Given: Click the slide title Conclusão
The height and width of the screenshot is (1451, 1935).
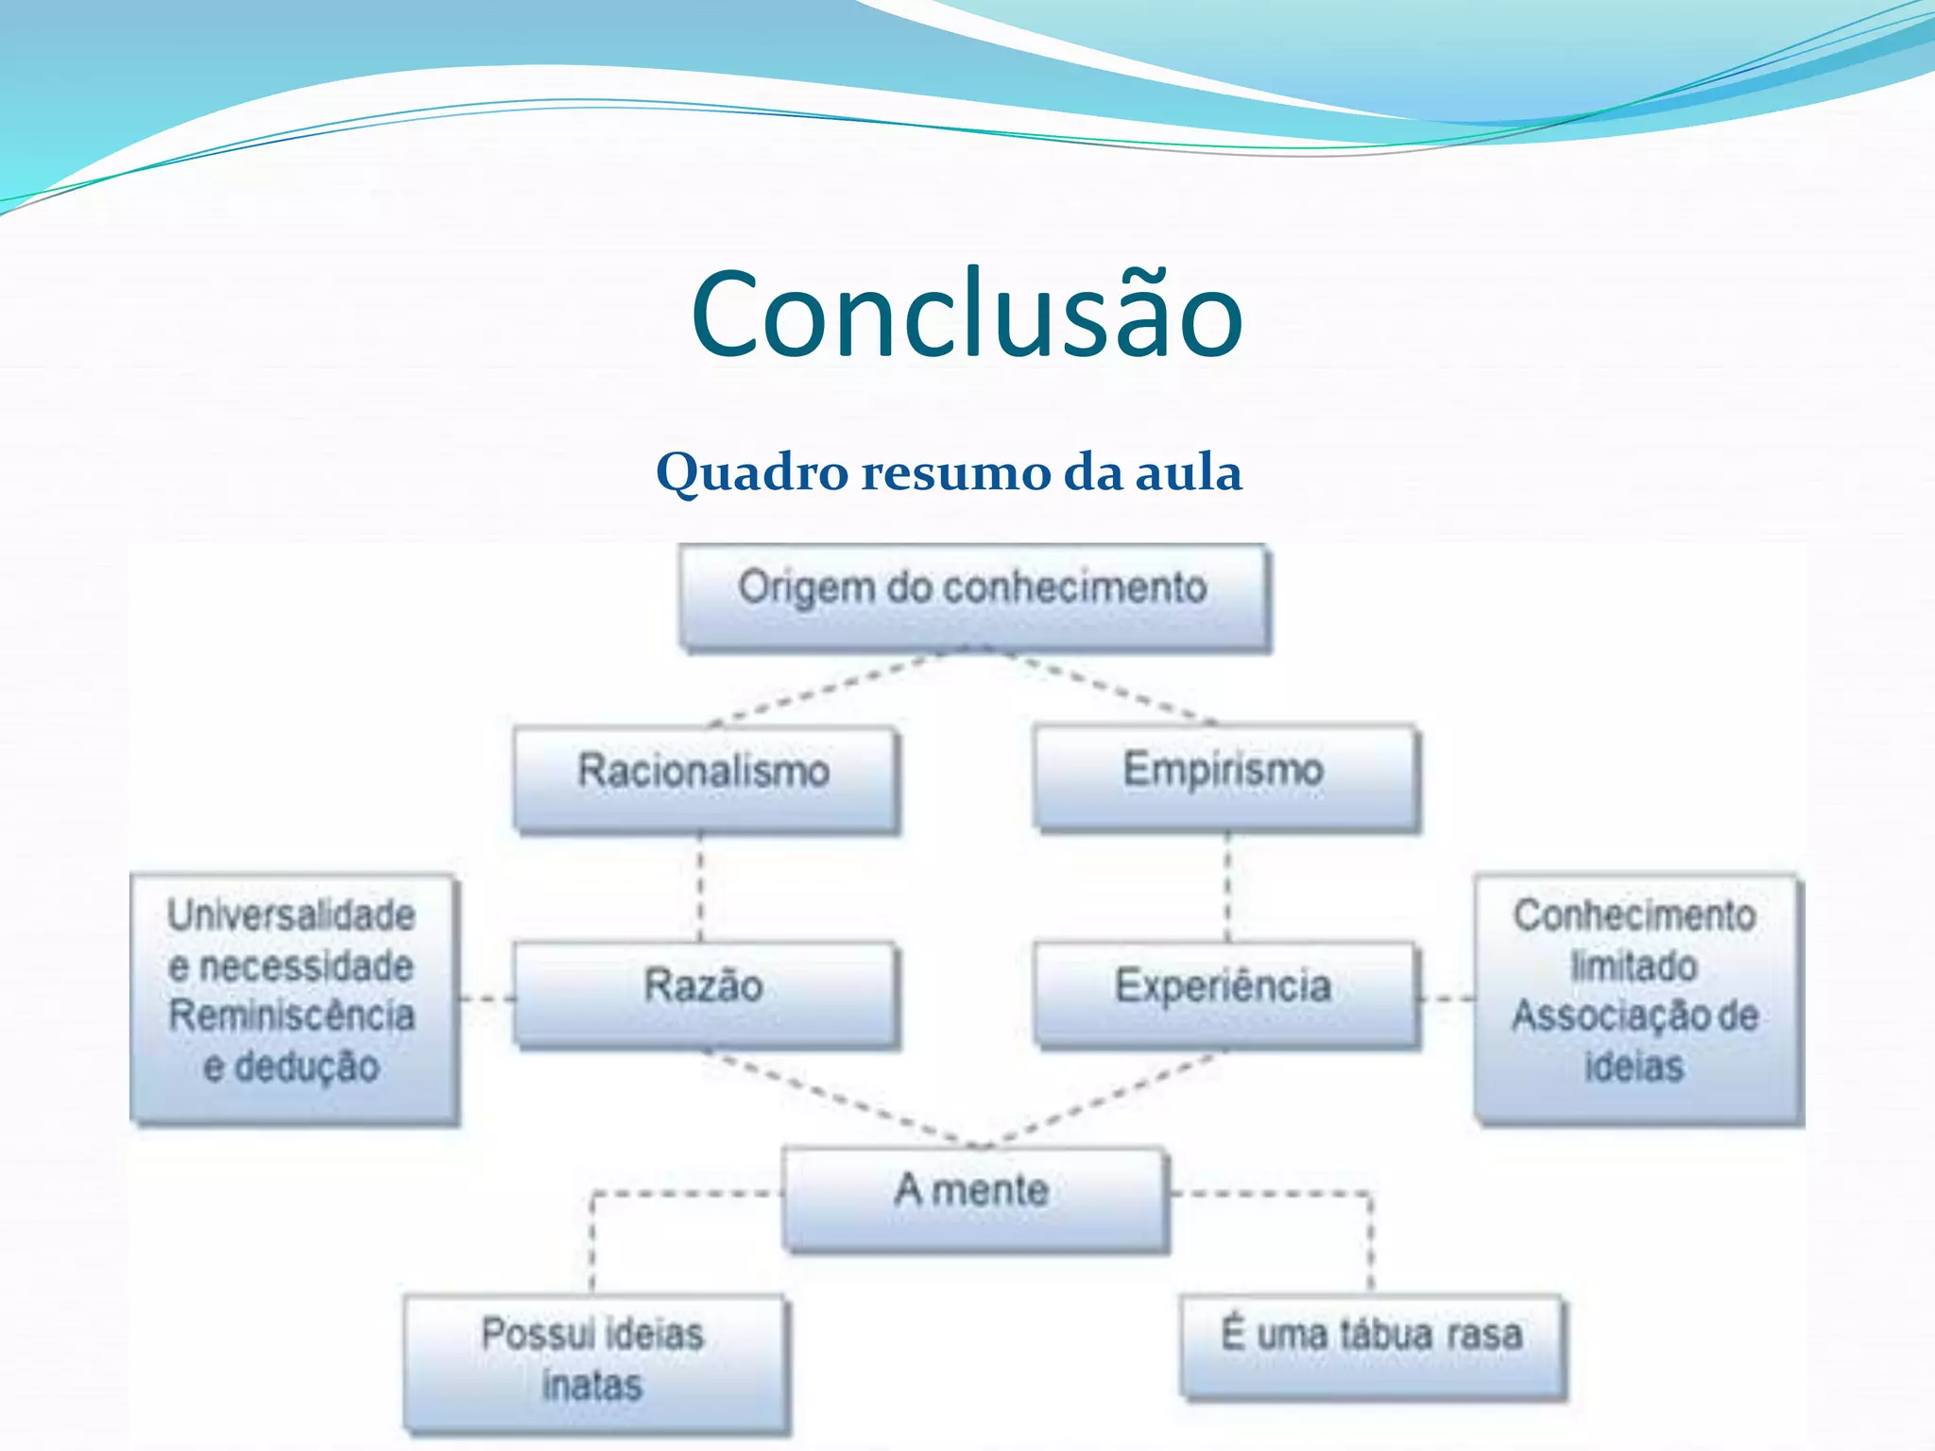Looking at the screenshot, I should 967,314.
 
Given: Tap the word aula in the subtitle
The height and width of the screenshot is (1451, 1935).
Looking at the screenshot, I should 1188,472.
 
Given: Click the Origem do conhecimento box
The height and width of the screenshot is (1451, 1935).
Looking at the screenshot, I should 973,595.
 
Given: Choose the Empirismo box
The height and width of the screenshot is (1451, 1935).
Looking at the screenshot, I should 1224,777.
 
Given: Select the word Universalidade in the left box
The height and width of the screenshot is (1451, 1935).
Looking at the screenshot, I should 291,915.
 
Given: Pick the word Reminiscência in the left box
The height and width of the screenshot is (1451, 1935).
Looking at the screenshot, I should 291,1016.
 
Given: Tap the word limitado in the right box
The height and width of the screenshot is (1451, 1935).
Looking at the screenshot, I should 1634,966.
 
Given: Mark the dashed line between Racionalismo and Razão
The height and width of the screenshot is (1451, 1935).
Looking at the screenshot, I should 700,888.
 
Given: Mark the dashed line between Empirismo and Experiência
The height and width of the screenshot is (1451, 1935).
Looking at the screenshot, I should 1227,888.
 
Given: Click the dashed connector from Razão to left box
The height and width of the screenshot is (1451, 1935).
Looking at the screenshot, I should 487,999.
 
